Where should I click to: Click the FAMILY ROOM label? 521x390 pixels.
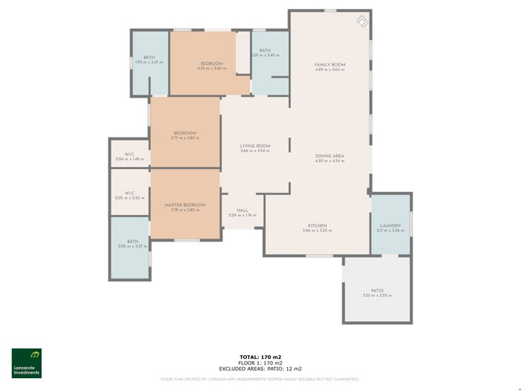[x=330, y=65]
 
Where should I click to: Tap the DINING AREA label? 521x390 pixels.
[x=330, y=155]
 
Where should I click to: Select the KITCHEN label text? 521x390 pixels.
[x=317, y=225]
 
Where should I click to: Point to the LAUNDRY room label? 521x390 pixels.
[x=390, y=225]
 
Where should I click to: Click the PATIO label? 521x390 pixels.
[x=377, y=290]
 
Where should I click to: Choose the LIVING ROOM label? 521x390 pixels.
[x=255, y=146]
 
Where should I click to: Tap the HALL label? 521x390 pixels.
[x=242, y=211]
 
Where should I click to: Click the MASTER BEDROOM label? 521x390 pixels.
[x=185, y=205]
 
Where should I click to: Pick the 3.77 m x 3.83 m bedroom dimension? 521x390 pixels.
[x=184, y=138]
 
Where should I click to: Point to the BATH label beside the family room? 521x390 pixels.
[x=265, y=50]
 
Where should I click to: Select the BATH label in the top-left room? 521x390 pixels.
[x=149, y=58]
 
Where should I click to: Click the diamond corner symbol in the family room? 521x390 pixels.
[x=361, y=21]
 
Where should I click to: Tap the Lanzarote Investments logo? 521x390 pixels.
[x=27, y=363]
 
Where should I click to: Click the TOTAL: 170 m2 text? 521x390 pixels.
[x=260, y=357]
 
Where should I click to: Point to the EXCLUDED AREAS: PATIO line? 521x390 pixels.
[x=260, y=369]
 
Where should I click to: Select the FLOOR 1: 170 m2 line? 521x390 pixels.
[x=260, y=363]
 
